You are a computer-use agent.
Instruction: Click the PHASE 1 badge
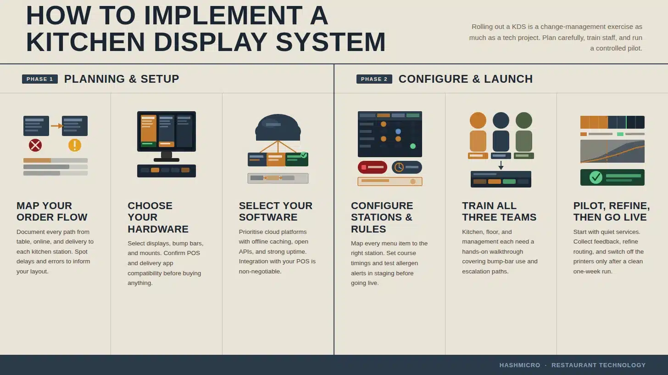point(40,79)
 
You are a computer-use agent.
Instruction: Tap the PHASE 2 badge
point(374,79)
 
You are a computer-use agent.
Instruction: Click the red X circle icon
point(35,145)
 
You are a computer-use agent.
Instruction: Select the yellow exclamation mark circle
point(75,145)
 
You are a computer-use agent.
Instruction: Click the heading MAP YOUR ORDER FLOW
point(52,211)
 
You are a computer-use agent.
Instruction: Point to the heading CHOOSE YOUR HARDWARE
point(158,217)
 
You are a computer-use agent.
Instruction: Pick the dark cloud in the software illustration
point(278,128)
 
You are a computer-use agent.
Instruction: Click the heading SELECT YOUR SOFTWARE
point(275,211)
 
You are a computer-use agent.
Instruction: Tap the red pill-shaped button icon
point(372,167)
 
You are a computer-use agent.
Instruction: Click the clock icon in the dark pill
point(399,167)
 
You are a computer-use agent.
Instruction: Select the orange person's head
point(478,120)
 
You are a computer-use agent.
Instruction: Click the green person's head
point(523,120)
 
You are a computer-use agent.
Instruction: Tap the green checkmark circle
point(596,177)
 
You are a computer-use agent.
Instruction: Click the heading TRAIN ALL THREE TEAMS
point(499,211)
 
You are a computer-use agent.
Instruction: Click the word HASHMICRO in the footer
point(520,365)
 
